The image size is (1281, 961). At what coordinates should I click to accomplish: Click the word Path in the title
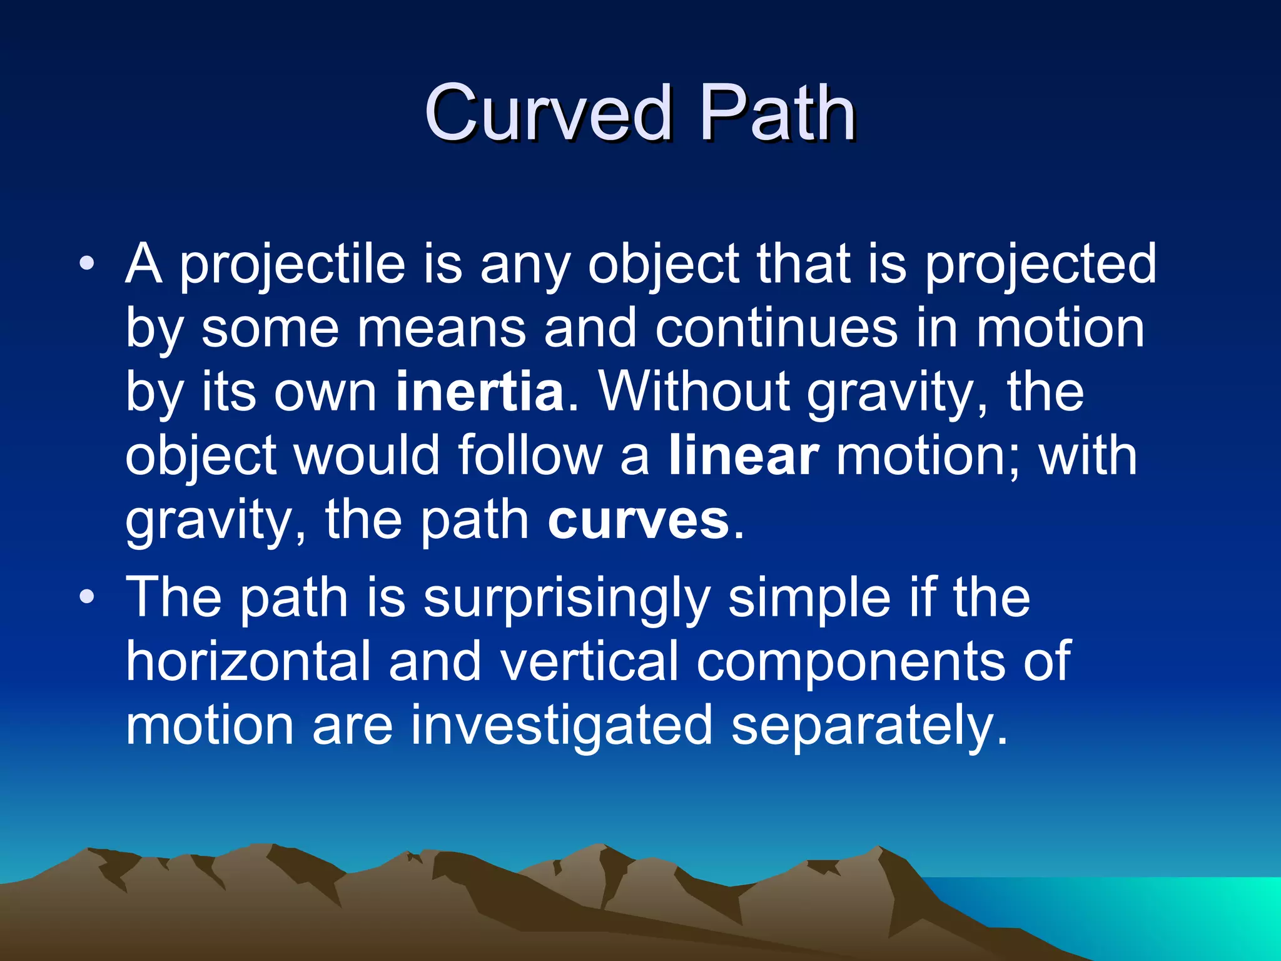(x=776, y=114)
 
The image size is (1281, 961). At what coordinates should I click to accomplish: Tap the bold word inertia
(x=479, y=392)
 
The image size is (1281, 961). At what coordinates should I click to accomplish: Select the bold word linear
(x=743, y=455)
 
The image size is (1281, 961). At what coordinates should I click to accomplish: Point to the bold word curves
(x=638, y=520)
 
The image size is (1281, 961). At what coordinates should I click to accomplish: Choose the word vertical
(x=589, y=661)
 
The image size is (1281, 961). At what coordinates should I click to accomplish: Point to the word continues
(x=776, y=328)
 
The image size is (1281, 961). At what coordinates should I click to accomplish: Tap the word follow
(x=529, y=455)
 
